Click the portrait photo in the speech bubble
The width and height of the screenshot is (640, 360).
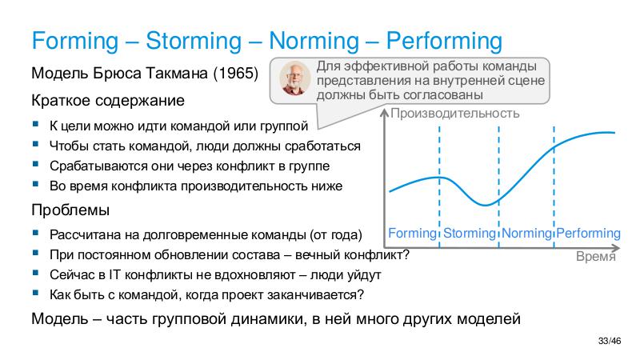pos(296,78)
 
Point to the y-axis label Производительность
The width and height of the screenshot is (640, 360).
pos(454,113)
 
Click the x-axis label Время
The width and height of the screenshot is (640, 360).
pos(596,258)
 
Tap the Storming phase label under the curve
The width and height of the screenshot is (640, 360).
pos(470,234)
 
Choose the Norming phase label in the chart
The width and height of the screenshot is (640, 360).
pos(526,234)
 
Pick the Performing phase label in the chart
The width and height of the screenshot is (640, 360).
pos(588,234)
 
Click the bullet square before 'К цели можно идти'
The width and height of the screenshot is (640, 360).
pos(36,125)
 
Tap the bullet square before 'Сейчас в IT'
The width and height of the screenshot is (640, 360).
pos(36,274)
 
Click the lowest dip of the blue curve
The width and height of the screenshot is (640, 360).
pos(486,205)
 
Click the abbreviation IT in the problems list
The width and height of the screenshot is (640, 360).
pos(102,274)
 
